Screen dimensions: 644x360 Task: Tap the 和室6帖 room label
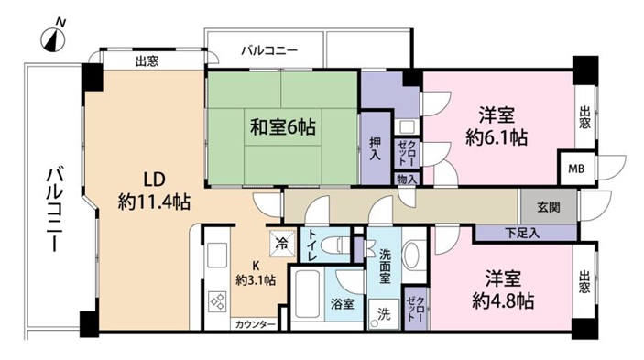(283, 126)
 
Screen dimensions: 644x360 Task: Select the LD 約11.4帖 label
(154, 191)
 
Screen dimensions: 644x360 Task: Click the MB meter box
(576, 169)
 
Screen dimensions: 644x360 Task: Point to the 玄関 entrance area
(549, 207)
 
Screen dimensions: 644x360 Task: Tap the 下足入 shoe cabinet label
(522, 234)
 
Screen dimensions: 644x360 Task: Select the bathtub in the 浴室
(307, 294)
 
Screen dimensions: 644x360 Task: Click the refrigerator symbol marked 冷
(282, 243)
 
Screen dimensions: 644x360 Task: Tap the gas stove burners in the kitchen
(218, 301)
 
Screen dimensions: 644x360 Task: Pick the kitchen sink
(217, 256)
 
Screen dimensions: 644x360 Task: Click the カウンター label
(255, 324)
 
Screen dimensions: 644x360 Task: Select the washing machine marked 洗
(384, 314)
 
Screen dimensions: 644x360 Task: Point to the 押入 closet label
(375, 148)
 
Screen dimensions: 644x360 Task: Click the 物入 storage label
(407, 179)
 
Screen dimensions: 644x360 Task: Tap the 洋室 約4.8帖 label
(503, 289)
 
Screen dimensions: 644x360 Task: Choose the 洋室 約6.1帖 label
(497, 126)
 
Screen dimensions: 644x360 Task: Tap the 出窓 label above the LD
(147, 61)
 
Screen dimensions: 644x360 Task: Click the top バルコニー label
(269, 51)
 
